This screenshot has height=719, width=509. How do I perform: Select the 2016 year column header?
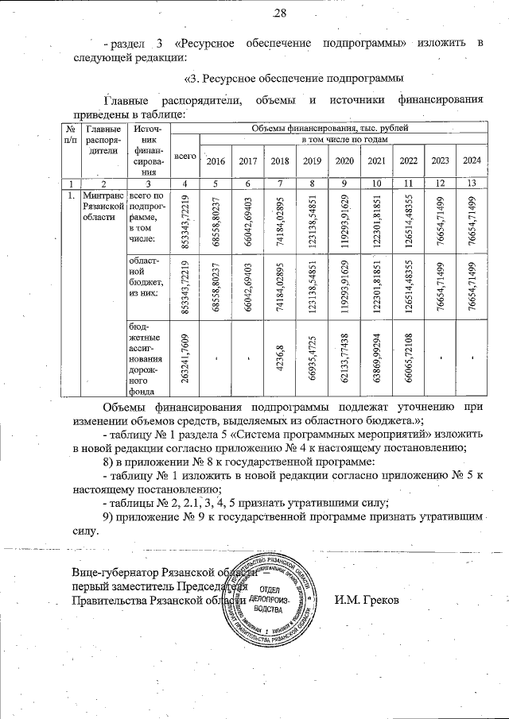point(216,161)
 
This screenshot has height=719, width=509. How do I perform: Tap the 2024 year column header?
point(472,161)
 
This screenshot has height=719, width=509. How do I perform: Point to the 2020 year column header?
point(344,161)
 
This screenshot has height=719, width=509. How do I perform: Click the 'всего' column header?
point(185,157)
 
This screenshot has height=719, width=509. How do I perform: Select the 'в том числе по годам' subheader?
point(344,140)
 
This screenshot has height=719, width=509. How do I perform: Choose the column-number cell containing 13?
point(472,184)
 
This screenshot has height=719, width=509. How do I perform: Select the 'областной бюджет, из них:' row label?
point(147,277)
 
